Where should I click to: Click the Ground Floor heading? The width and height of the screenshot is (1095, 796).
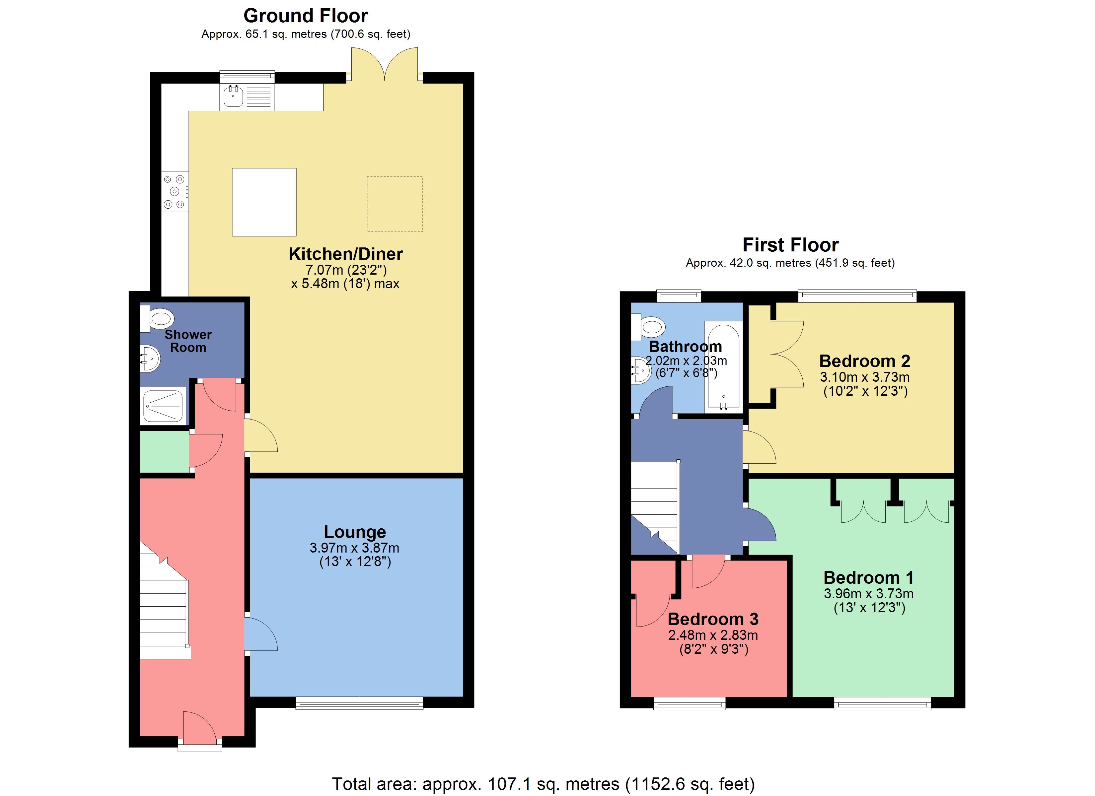(305, 16)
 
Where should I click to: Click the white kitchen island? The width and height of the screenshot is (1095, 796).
(264, 202)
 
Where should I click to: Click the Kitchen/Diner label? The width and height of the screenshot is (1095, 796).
(346, 254)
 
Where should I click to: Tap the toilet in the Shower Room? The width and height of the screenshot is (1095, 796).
(159, 319)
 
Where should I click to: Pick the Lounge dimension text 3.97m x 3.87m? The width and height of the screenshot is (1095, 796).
(354, 548)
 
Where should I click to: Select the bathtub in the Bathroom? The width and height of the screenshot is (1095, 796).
(723, 367)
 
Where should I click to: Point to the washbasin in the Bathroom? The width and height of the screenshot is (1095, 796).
(641, 370)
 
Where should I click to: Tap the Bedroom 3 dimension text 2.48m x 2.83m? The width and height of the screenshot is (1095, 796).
(713, 635)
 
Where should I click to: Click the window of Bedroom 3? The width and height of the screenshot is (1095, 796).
(690, 704)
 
